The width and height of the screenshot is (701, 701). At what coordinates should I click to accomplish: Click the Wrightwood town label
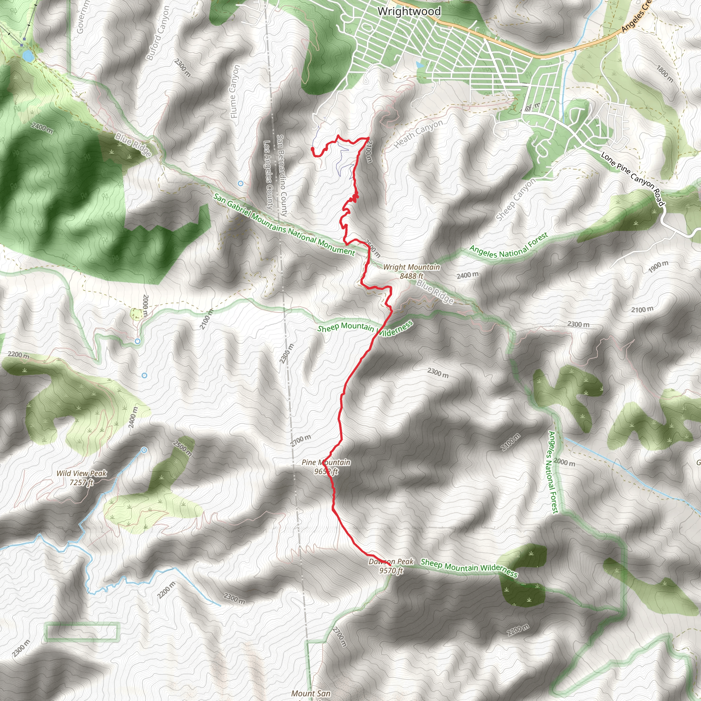coord(409,12)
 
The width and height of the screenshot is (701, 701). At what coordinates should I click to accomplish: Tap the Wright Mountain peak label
coord(411,271)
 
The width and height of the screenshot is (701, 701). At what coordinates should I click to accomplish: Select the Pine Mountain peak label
coord(326,467)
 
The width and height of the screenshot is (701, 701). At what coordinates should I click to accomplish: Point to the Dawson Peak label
coord(391,566)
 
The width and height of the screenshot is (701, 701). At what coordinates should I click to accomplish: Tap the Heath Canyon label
coord(418,133)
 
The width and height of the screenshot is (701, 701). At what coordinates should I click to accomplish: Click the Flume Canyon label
coord(235,91)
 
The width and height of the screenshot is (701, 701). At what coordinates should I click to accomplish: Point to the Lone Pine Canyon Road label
coord(633,179)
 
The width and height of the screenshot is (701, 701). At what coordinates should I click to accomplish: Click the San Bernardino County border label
coord(282,176)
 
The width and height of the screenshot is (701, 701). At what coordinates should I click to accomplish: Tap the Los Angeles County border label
coord(268,175)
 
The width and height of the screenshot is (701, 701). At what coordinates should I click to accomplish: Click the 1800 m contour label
coord(665,74)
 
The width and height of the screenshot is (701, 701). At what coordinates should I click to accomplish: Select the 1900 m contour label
coord(658,267)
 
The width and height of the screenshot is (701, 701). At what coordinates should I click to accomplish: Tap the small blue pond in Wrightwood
coord(420,65)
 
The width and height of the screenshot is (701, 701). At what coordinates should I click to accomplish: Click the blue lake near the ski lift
coord(27,55)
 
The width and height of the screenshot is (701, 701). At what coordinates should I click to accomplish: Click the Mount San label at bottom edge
coord(310,693)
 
